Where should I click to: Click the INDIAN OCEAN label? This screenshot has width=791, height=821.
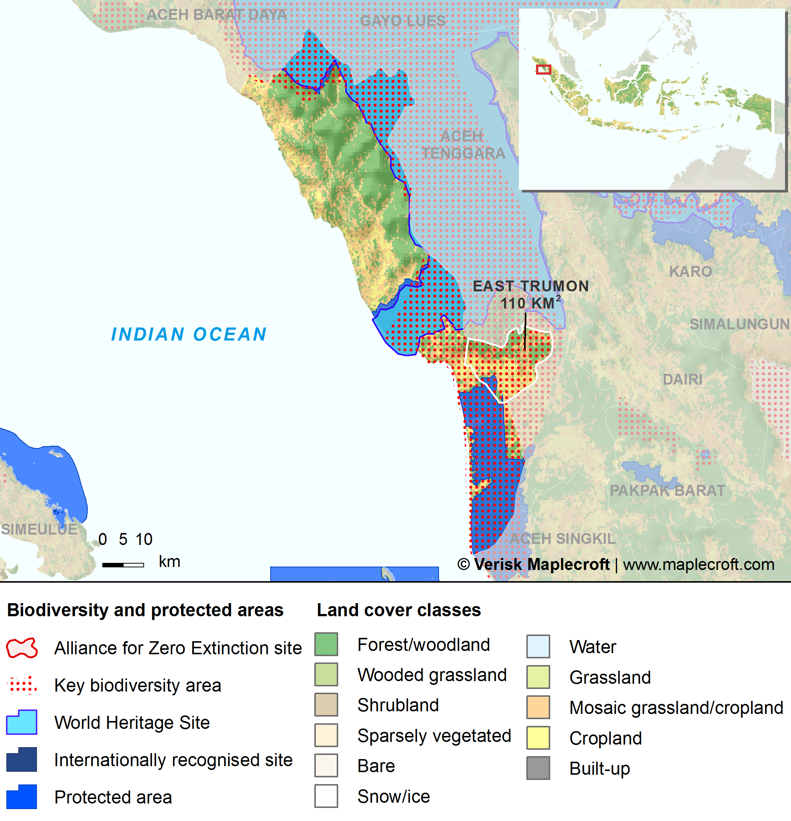pyautogui.click(x=189, y=334)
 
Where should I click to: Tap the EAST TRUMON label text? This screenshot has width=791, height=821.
pyautogui.click(x=530, y=286)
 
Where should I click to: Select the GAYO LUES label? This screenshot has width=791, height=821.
pyautogui.click(x=402, y=21)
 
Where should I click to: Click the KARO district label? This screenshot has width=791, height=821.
pyautogui.click(x=690, y=272)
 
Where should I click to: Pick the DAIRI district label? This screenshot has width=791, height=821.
pyautogui.click(x=682, y=379)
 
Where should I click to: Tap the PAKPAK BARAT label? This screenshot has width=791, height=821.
pyautogui.click(x=667, y=491)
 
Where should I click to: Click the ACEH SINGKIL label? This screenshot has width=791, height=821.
pyautogui.click(x=562, y=539)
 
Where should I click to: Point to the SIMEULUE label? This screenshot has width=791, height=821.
pyautogui.click(x=39, y=529)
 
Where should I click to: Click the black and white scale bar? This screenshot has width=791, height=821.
pyautogui.click(x=123, y=565)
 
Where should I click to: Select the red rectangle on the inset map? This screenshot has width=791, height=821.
pyautogui.click(x=543, y=69)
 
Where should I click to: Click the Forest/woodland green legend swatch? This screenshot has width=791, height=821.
pyautogui.click(x=326, y=644)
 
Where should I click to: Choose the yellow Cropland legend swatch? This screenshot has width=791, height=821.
pyautogui.click(x=538, y=738)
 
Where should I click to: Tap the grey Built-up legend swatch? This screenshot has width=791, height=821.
pyautogui.click(x=538, y=768)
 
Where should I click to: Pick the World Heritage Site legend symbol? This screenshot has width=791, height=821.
pyautogui.click(x=22, y=722)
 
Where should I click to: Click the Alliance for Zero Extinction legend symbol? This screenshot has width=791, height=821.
pyautogui.click(x=22, y=648)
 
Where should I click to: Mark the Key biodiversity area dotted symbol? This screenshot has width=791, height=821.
pyautogui.click(x=22, y=685)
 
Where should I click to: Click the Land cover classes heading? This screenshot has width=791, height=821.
pyautogui.click(x=399, y=610)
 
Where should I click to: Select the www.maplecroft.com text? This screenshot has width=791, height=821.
pyautogui.click(x=698, y=565)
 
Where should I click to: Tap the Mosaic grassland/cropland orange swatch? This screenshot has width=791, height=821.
pyautogui.click(x=538, y=708)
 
